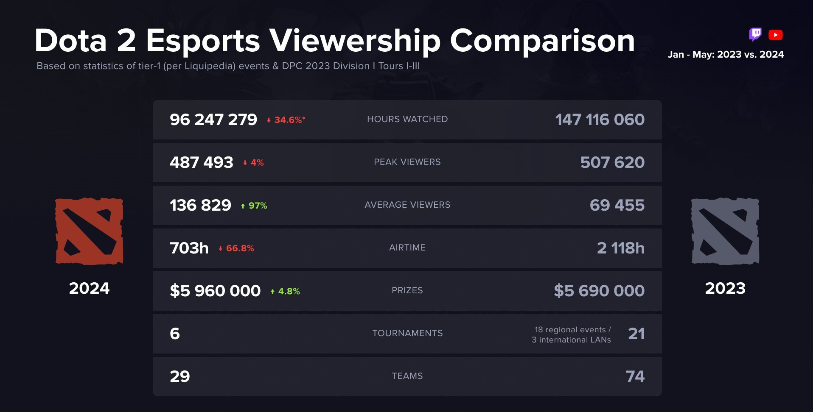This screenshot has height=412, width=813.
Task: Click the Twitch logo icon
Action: tap(755, 34)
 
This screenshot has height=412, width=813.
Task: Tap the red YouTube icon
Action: tap(775, 35)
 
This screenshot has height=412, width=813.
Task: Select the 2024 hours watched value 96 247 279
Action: tap(213, 120)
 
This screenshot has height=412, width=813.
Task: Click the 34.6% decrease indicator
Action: tap(286, 120)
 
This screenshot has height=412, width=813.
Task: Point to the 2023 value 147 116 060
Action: tap(600, 120)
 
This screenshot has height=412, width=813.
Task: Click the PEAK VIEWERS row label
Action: tap(407, 162)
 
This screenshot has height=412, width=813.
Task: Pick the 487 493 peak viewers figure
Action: tap(202, 163)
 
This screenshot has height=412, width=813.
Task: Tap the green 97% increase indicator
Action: tap(254, 206)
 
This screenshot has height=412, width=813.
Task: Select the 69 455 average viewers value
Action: tap(617, 206)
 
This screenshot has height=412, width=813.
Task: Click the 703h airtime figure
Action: tap(189, 248)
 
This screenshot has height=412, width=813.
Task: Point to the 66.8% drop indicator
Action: tap(236, 248)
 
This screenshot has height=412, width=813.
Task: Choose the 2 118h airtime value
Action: tap(620, 248)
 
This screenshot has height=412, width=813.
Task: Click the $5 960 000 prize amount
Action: tap(215, 291)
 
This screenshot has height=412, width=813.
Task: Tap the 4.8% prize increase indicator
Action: tap(285, 291)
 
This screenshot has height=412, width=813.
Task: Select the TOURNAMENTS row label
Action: tap(407, 333)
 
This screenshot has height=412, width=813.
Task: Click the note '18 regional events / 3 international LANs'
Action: tap(572, 335)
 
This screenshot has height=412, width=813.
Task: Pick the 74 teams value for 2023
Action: tap(635, 376)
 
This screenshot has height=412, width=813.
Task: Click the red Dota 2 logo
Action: tap(89, 231)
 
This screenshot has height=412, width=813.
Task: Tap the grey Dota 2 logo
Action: tap(725, 231)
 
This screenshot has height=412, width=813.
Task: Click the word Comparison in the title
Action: tap(542, 41)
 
